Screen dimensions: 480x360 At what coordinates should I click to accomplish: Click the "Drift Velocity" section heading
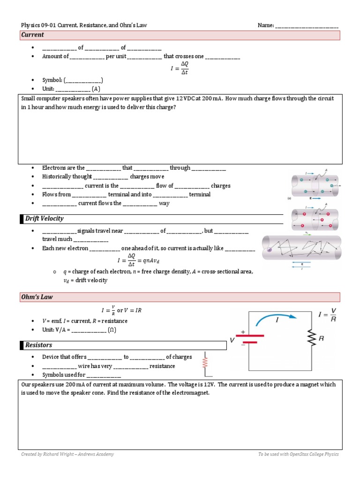point(45,219)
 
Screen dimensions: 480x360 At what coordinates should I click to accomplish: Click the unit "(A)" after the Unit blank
point(96,89)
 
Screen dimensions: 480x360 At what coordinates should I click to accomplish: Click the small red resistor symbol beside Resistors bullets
point(205,362)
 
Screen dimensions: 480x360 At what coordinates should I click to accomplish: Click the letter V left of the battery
point(232,338)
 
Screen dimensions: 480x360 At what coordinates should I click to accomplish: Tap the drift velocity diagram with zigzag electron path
point(301,248)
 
